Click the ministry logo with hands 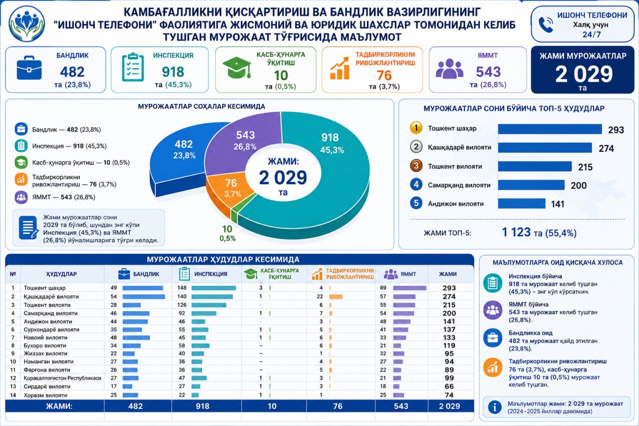tap(27, 24)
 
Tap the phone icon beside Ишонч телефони tap(546, 25)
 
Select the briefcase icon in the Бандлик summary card tap(29, 68)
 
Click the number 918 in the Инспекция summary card tap(173, 71)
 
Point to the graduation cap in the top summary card tap(237, 67)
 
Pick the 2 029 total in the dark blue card tap(584, 74)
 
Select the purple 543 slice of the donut tap(243, 143)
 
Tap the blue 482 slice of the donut tap(180, 154)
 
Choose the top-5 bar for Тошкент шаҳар tap(550, 129)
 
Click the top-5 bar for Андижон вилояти tap(522, 203)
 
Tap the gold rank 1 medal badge tap(416, 128)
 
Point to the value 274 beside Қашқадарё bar tap(606, 148)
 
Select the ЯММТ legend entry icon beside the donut tap(21, 197)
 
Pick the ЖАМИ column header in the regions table tap(448, 274)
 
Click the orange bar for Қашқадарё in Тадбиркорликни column tap(336, 297)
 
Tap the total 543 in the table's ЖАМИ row tap(401, 406)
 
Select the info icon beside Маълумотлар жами tap(495, 407)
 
